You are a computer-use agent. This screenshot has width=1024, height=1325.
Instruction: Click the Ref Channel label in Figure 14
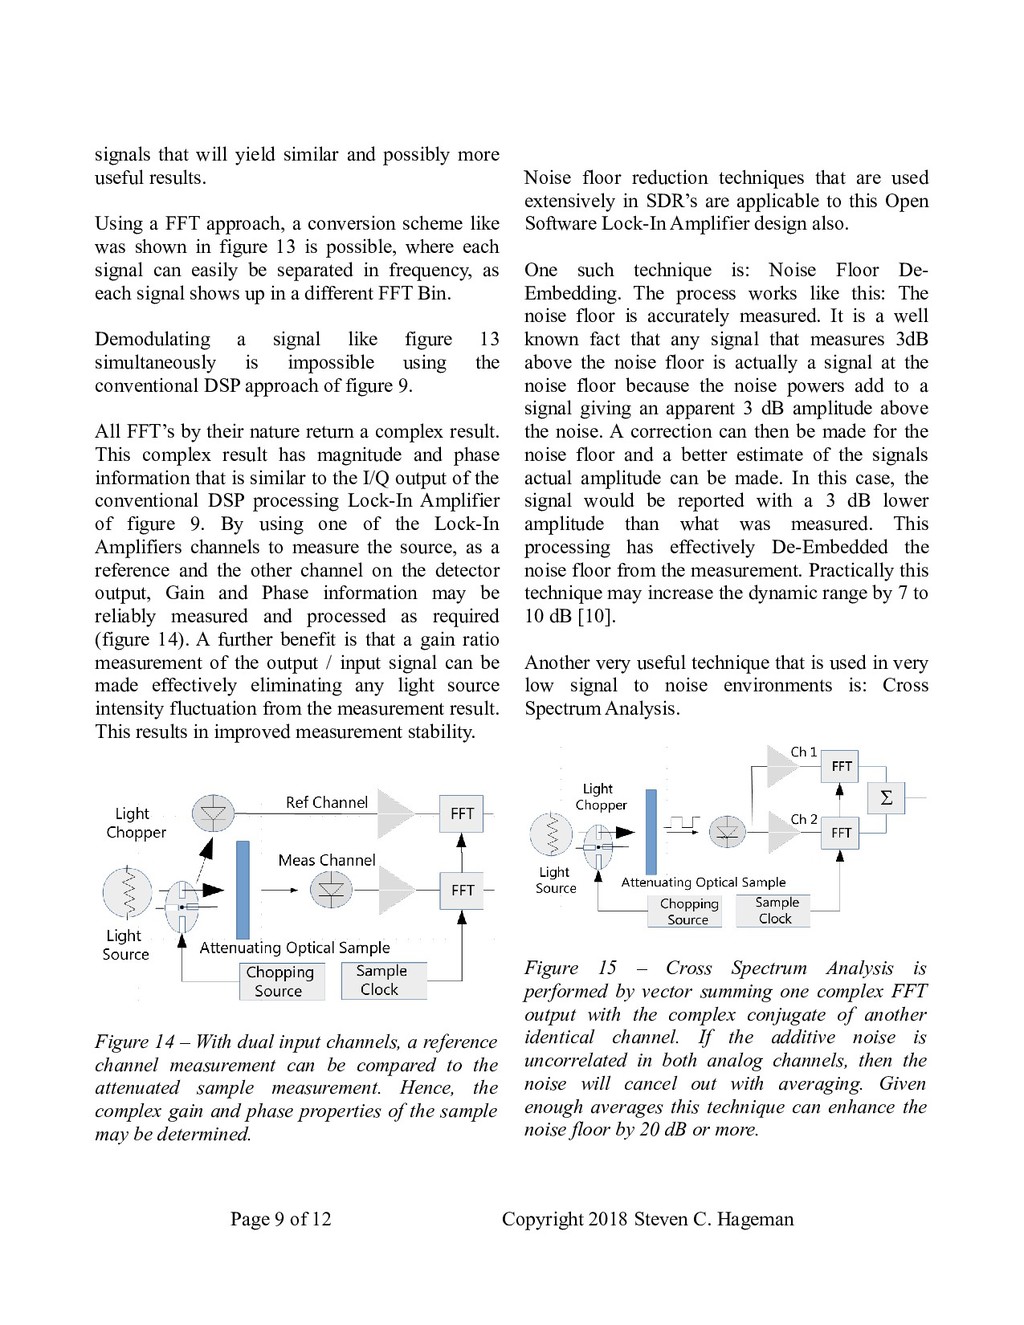(x=326, y=802)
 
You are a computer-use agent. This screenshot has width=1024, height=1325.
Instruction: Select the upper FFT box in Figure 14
(x=462, y=813)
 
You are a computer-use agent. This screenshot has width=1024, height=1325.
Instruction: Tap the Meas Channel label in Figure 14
(x=326, y=860)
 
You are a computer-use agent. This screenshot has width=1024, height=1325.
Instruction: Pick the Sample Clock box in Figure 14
(x=381, y=980)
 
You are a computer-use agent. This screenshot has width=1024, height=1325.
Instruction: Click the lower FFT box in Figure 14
(x=462, y=890)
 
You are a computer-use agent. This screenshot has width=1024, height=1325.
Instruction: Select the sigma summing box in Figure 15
(x=886, y=798)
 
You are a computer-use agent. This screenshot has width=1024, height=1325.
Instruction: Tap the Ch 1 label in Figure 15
(x=803, y=752)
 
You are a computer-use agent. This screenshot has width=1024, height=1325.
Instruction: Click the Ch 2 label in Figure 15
(x=803, y=819)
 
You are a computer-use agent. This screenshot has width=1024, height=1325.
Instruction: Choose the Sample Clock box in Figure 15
(x=776, y=910)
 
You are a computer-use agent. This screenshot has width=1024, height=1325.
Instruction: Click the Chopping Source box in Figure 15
(x=689, y=911)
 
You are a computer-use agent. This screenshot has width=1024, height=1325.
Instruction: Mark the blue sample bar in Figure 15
(x=651, y=832)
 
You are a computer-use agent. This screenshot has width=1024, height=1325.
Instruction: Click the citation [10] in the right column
(x=596, y=616)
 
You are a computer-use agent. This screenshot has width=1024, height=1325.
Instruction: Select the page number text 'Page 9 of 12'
(x=280, y=1219)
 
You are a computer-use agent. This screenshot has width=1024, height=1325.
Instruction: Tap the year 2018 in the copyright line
(x=608, y=1219)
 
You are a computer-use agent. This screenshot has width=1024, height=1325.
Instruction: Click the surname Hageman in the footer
(x=755, y=1219)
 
